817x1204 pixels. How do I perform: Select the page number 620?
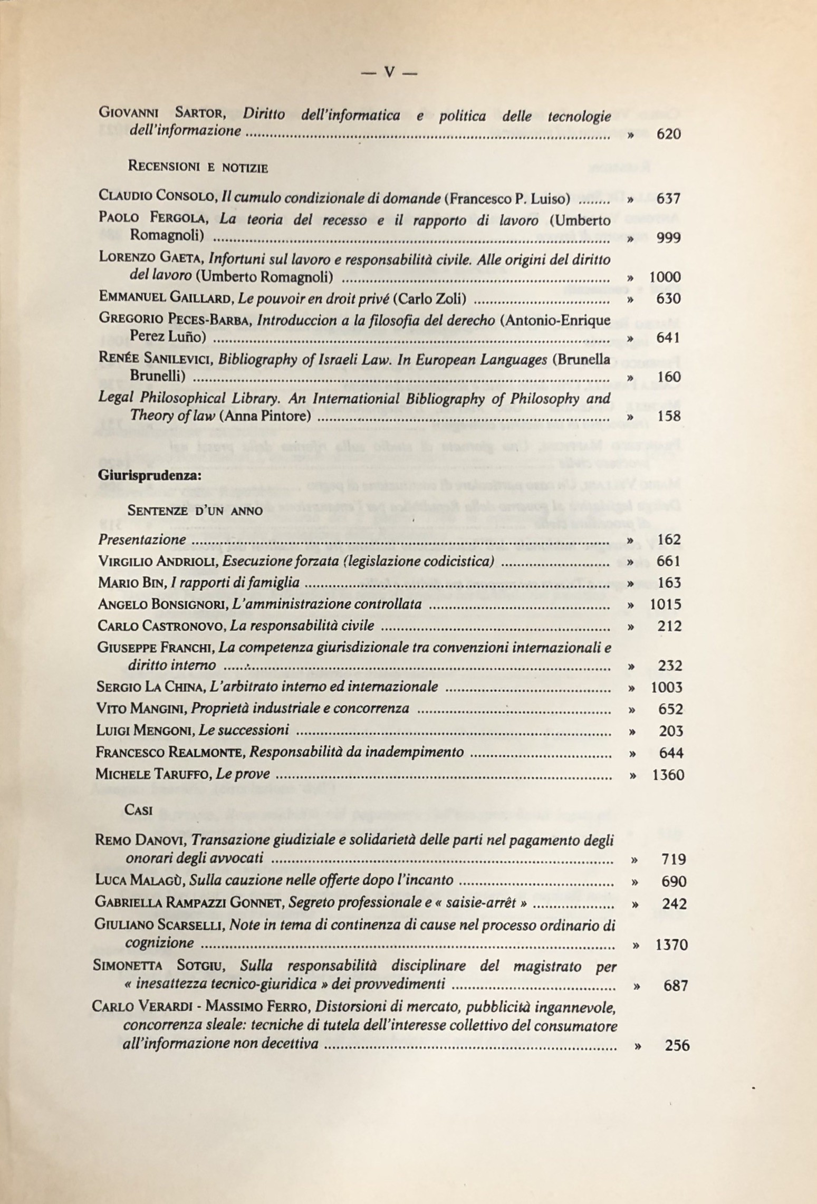pyautogui.click(x=668, y=134)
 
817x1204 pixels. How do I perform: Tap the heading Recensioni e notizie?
pyautogui.click(x=198, y=168)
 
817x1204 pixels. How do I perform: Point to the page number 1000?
pyautogui.click(x=665, y=277)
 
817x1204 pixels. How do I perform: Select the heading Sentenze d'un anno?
pyautogui.click(x=195, y=511)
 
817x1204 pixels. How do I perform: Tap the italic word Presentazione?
pyautogui.click(x=142, y=540)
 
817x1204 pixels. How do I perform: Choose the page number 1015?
pyautogui.click(x=665, y=604)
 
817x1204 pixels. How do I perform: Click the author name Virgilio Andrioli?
pyautogui.click(x=157, y=562)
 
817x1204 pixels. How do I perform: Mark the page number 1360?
pyautogui.click(x=668, y=775)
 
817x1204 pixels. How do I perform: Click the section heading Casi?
pyautogui.click(x=139, y=810)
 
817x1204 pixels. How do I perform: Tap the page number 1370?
pyautogui.click(x=671, y=945)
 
